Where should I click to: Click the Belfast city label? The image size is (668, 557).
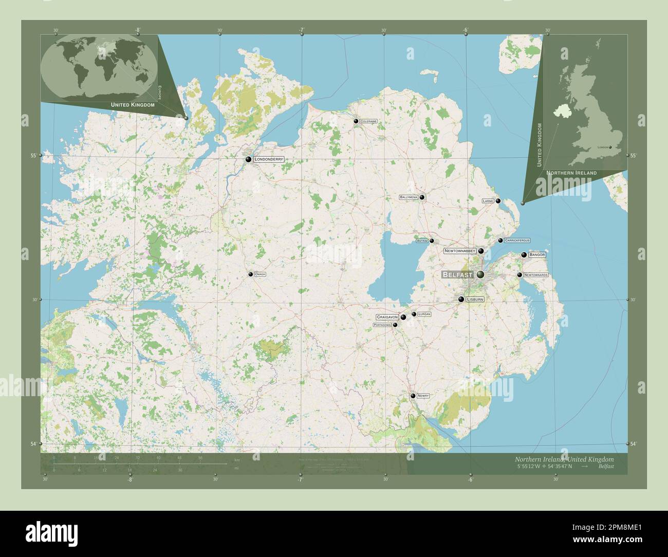click(x=457, y=275)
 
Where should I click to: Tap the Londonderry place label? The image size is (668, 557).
click(x=269, y=160)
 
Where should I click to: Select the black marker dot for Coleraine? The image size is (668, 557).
click(x=356, y=121)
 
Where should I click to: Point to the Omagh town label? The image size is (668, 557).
click(x=261, y=274)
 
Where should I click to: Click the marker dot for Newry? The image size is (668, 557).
click(x=413, y=396)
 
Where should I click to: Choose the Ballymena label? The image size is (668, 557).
click(x=409, y=197)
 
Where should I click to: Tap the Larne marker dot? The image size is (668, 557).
click(x=498, y=201)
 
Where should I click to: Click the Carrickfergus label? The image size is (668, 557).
click(x=517, y=240)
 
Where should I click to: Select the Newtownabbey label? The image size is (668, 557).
click(x=460, y=251)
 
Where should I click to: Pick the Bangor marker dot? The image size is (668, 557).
click(x=524, y=255)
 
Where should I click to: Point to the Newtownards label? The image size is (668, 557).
click(x=536, y=275)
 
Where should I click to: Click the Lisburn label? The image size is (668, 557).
click(x=475, y=299)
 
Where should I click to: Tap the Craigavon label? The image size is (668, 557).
click(x=387, y=317)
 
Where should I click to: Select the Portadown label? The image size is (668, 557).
click(x=382, y=325)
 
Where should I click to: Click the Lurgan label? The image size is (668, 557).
click(x=424, y=314)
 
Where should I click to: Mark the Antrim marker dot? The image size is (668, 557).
click(x=432, y=240)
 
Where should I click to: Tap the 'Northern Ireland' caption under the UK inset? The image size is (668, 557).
click(x=571, y=173)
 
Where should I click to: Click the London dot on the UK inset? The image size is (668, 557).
click(x=610, y=147)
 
